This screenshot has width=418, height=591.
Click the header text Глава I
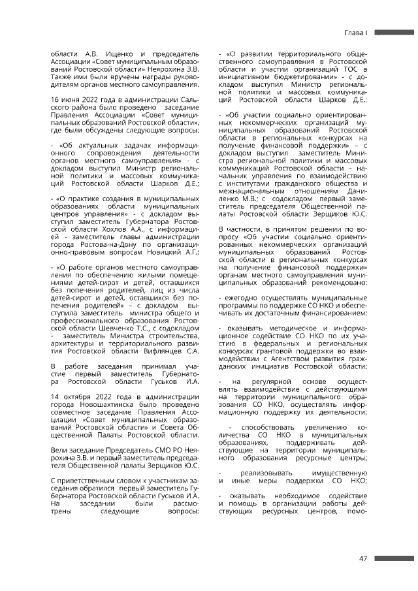pyautogui.click(x=358, y=32)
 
